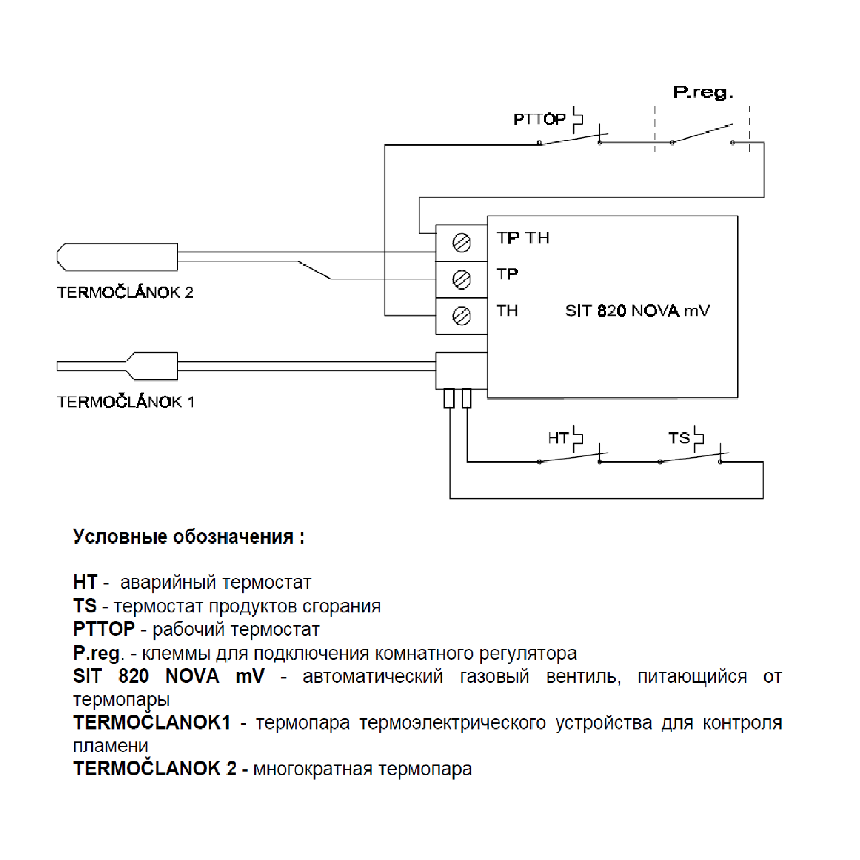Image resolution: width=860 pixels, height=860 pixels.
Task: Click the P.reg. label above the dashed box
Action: point(702,92)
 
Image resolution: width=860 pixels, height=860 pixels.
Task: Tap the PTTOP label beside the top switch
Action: point(539,119)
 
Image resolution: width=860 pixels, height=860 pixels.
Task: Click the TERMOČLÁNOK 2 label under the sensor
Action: point(125,292)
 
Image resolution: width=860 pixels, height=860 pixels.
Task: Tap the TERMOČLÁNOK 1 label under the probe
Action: point(126,402)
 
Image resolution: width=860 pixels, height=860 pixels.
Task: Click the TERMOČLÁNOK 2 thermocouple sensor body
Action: point(118,257)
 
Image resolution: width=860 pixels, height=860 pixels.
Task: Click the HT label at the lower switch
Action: point(558,438)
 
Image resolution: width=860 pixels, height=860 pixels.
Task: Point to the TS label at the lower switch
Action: point(679,438)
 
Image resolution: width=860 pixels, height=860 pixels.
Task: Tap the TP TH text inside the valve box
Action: point(522,238)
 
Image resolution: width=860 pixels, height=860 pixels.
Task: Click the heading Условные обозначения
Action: point(189,537)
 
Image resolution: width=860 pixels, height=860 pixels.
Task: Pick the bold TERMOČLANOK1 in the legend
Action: point(152,722)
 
